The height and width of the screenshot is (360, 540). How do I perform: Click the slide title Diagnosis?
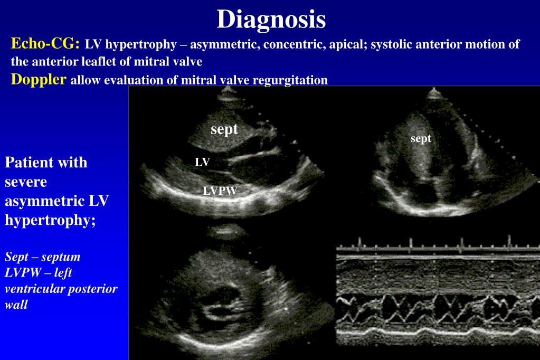click(x=271, y=20)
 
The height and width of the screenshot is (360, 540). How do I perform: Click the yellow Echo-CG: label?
click(x=45, y=44)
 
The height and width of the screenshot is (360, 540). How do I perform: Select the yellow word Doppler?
click(x=39, y=80)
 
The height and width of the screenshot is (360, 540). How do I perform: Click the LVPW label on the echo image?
click(x=220, y=192)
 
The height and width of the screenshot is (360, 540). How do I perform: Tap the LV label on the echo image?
click(x=202, y=163)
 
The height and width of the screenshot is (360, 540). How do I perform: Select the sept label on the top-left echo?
click(x=224, y=129)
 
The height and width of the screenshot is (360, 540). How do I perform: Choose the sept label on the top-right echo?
click(x=421, y=139)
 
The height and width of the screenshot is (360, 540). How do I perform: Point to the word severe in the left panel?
click(x=26, y=182)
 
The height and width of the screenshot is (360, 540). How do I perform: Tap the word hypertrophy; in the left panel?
click(x=50, y=220)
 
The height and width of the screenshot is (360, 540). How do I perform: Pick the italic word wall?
click(x=16, y=305)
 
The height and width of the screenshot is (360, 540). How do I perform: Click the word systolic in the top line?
click(x=391, y=44)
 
